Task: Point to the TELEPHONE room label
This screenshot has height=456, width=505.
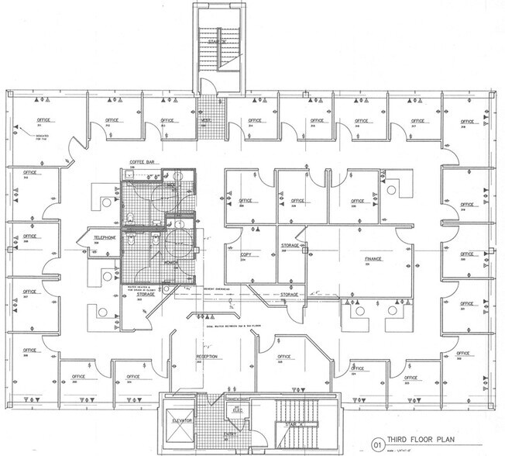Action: (x=105, y=238)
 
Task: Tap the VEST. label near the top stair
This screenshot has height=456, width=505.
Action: (x=207, y=121)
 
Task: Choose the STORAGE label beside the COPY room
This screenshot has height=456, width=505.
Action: (x=289, y=245)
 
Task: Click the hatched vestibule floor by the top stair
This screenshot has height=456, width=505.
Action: (x=207, y=109)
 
